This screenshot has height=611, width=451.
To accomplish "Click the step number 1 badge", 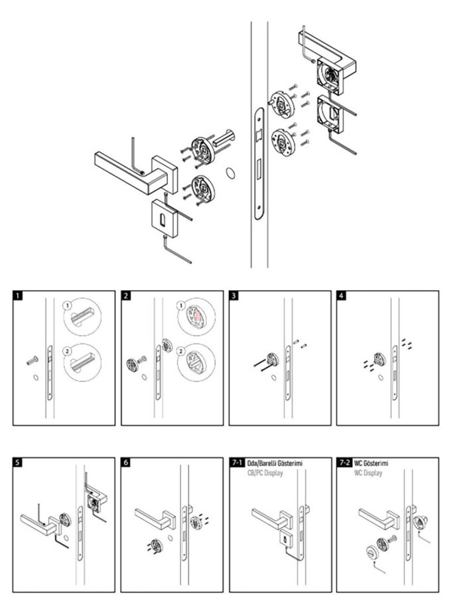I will [18, 296].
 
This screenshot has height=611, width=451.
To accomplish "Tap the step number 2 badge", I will [126, 296].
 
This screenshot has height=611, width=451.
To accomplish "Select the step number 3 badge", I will [234, 296].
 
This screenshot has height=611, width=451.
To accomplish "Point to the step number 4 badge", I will [342, 296].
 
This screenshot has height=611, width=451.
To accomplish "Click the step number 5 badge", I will [18, 463].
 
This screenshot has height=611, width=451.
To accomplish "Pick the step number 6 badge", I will [126, 463].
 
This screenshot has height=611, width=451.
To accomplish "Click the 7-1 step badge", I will [236, 463].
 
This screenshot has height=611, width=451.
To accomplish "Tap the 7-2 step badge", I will [344, 463].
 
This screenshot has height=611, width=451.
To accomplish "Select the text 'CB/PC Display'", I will [265, 474].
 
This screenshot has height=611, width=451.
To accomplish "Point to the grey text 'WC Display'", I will [368, 474].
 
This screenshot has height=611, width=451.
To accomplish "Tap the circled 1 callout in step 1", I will [67, 305].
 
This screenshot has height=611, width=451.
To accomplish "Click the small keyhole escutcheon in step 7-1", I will [283, 537].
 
